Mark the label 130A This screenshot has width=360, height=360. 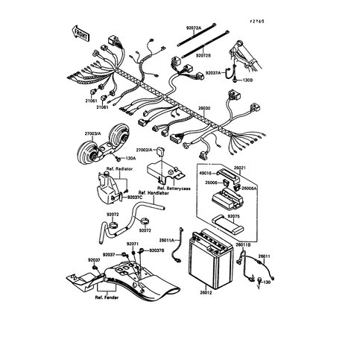[x=131, y=157]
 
